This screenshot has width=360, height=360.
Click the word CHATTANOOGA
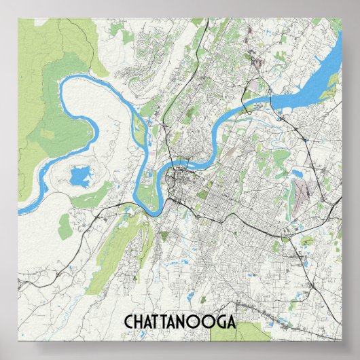click(180, 321)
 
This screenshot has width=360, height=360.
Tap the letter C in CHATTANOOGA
click(128, 321)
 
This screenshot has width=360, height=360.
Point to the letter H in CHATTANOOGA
click(139, 321)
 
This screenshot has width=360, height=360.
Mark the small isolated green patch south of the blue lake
click(65, 228)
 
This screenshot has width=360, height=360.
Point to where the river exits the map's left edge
click(20, 210)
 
